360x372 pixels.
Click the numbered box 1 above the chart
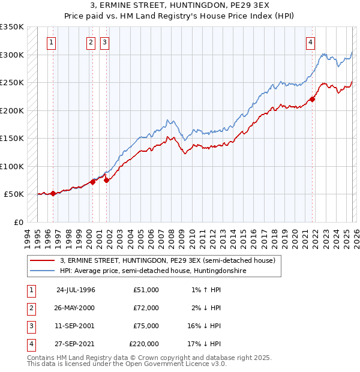click(x=52, y=43)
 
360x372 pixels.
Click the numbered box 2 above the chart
click(x=91, y=43)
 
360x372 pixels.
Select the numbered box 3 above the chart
click(x=104, y=43)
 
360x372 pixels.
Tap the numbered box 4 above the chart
click(x=311, y=43)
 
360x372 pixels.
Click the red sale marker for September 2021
click(x=313, y=100)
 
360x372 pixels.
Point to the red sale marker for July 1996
click(x=53, y=193)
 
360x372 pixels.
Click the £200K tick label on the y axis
click(x=11, y=111)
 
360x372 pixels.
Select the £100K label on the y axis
click(x=11, y=167)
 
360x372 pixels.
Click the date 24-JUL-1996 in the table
click(x=76, y=290)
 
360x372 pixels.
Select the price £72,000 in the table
click(x=146, y=308)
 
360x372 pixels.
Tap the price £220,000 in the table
click(x=144, y=344)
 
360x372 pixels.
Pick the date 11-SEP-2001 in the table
click(x=76, y=326)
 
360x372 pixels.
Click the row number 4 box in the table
click(x=30, y=344)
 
